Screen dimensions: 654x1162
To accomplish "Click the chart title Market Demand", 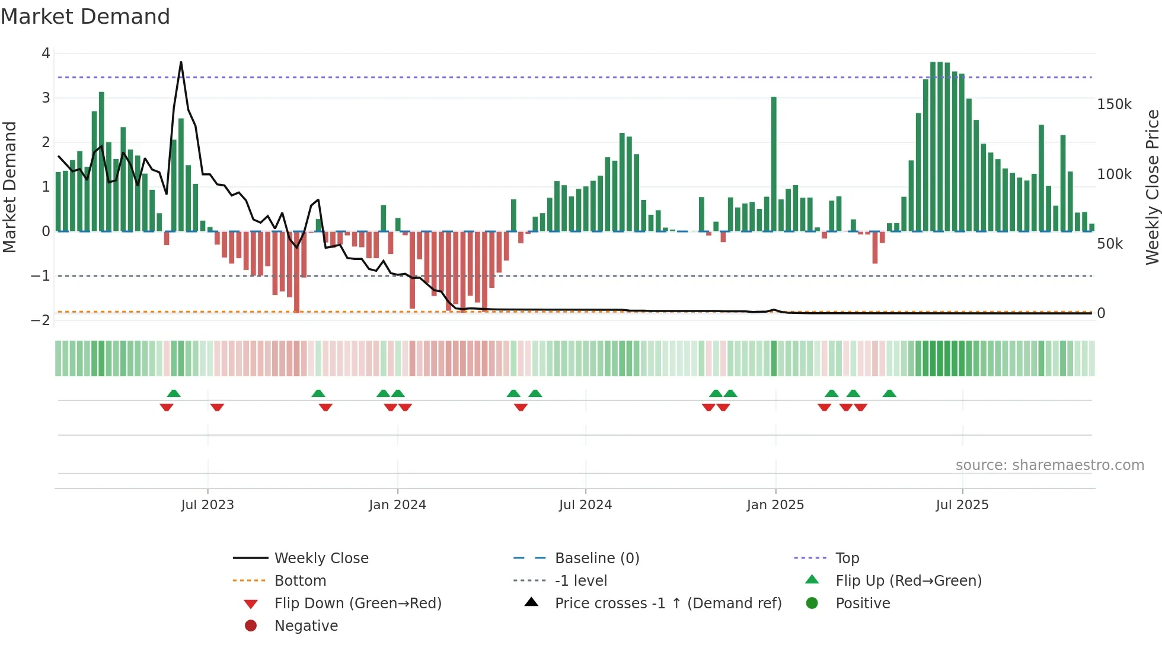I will tap(85, 17).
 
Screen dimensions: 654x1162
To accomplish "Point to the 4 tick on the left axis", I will tap(46, 53).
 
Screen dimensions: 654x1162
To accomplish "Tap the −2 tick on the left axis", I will tap(41, 320).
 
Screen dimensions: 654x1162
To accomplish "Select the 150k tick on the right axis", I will tap(1114, 104).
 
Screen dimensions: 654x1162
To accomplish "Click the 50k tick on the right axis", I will tap(1110, 244).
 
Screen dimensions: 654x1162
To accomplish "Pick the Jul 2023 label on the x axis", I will tap(207, 505).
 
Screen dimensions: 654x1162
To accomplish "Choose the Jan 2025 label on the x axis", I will tap(775, 505).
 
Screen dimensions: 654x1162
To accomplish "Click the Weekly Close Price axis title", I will tap(1152, 187).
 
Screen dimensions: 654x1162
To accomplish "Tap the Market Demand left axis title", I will tap(10, 187).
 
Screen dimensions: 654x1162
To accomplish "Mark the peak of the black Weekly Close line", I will tap(181, 62).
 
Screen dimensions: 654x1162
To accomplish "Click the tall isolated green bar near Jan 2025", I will tap(774, 163).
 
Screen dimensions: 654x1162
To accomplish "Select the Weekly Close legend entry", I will tap(321, 558).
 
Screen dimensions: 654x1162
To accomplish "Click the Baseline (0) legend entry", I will tap(596, 558).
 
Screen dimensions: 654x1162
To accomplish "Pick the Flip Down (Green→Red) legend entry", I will tap(357, 604).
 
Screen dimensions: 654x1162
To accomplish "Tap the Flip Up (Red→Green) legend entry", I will tap(908, 581).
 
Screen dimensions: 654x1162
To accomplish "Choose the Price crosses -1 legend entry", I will tap(668, 604).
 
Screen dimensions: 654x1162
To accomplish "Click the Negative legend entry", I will tap(306, 626).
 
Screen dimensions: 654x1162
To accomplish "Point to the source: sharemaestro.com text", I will tap(1049, 465).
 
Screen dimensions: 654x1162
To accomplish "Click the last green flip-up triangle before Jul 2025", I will tap(889, 393).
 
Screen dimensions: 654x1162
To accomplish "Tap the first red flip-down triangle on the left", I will tap(167, 407).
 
